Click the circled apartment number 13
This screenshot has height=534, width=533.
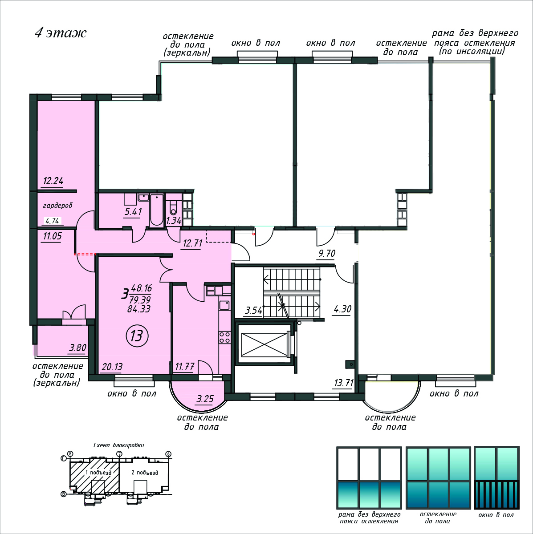coord(137,336)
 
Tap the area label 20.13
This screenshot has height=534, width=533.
coord(112,367)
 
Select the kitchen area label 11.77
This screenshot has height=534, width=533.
coord(185,367)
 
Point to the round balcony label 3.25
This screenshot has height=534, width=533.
coord(205,399)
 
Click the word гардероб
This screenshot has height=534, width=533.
coord(58,205)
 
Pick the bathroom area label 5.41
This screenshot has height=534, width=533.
coord(133,212)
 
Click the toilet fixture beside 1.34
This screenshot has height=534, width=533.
coord(173,208)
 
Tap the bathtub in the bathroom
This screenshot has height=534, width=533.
coord(156,210)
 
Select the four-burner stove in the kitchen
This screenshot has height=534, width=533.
coord(224,337)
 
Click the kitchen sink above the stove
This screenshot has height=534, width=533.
coord(224,305)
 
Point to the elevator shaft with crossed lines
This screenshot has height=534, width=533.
coord(264,344)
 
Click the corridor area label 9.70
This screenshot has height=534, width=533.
coord(327,253)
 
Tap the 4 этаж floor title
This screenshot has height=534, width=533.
coord(61,33)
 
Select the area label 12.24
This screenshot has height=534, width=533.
coord(53,181)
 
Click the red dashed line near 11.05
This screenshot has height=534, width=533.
coord(85,254)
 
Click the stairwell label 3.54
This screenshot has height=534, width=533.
coord(253,310)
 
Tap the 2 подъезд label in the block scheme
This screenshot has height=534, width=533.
coord(145,472)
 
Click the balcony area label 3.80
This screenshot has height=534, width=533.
coord(77,348)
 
